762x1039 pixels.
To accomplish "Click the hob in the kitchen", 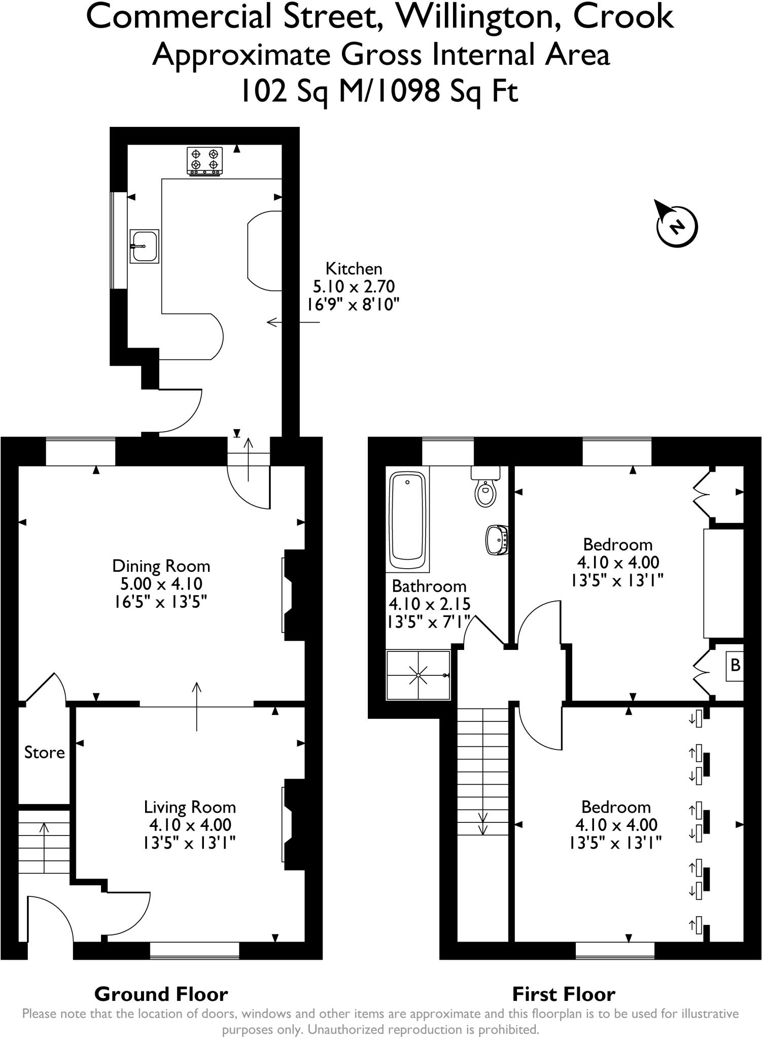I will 205,161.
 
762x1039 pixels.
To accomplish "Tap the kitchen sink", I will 145,246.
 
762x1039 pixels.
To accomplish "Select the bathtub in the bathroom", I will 408,521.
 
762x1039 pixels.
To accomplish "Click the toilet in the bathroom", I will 486,488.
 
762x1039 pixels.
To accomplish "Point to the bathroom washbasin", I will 497,540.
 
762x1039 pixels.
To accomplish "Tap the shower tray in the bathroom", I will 419,675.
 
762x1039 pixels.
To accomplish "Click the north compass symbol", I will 676,225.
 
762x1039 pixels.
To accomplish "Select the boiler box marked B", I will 735,665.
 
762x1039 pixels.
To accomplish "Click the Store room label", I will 45,752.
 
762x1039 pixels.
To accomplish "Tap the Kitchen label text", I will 354,268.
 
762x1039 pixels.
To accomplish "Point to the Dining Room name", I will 161,566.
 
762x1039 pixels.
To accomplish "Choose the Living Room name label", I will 190,807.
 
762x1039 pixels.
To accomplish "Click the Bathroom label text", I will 429,586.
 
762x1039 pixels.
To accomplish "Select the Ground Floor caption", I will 161,994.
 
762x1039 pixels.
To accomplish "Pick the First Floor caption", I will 564,994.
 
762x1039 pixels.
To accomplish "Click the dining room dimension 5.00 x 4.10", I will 161,584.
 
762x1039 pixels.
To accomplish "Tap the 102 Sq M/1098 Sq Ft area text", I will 378,92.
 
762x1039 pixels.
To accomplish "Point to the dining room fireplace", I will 292,595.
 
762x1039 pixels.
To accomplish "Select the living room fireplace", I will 292,824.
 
